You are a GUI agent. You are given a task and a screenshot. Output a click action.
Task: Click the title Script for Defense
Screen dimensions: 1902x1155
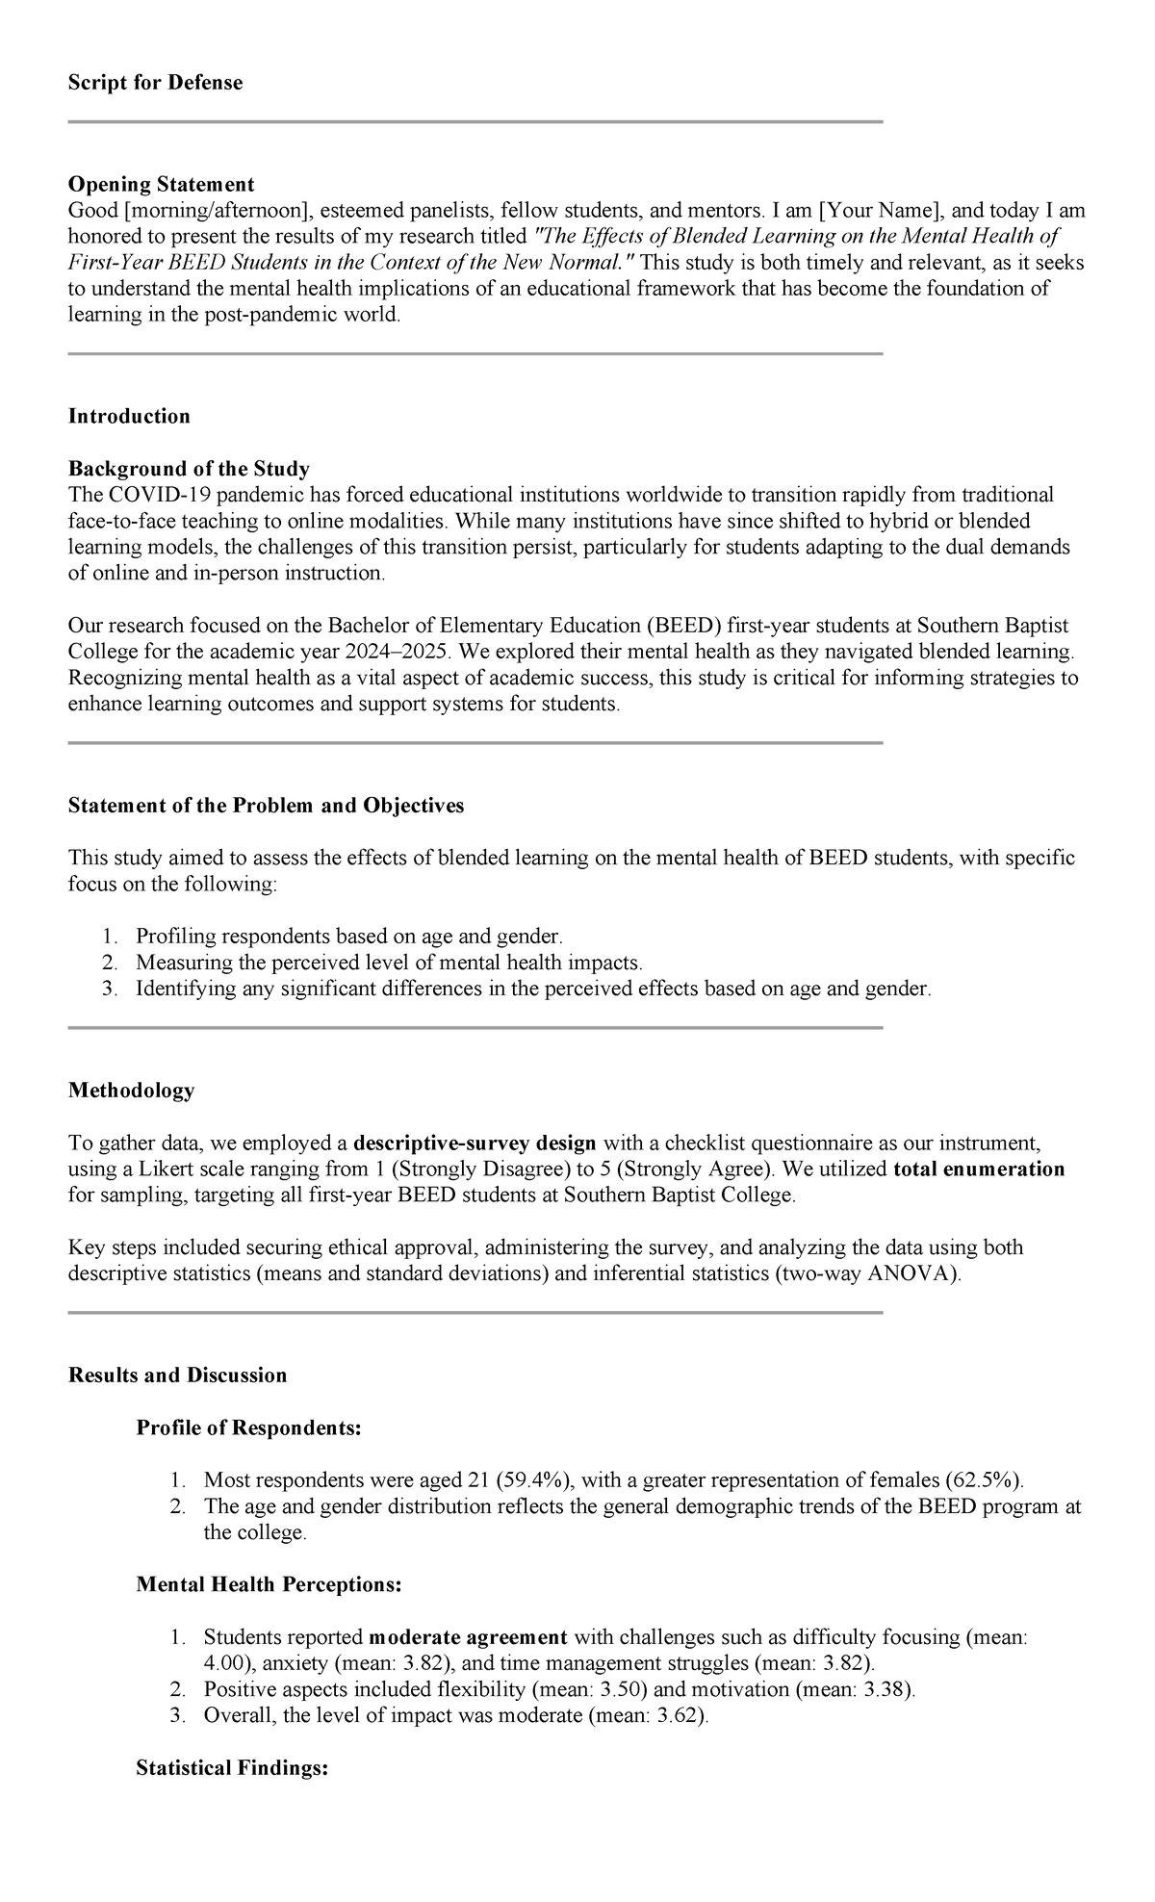[x=155, y=83]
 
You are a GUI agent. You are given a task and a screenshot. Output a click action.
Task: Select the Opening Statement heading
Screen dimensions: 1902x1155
[x=161, y=184]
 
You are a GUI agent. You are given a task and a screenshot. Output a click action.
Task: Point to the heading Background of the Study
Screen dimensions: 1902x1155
[x=189, y=469]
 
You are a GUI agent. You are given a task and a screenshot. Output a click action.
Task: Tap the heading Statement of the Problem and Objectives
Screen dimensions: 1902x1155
[x=266, y=806]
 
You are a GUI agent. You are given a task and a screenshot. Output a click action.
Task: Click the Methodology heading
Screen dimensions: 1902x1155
[x=131, y=1091]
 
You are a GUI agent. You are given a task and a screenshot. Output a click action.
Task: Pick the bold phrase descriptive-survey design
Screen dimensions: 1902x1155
[x=475, y=1144]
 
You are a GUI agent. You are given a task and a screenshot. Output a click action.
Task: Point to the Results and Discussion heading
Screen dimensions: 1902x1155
[x=177, y=1375]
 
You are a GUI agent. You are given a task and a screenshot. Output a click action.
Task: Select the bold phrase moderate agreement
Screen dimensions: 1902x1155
[x=468, y=1637]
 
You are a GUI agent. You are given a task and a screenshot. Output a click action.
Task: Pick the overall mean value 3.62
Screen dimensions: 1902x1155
[x=678, y=1715]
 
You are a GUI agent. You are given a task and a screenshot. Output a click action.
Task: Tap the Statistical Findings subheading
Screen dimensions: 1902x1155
[x=232, y=1768]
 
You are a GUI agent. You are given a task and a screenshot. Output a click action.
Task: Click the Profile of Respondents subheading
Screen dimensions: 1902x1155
[x=248, y=1428]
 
